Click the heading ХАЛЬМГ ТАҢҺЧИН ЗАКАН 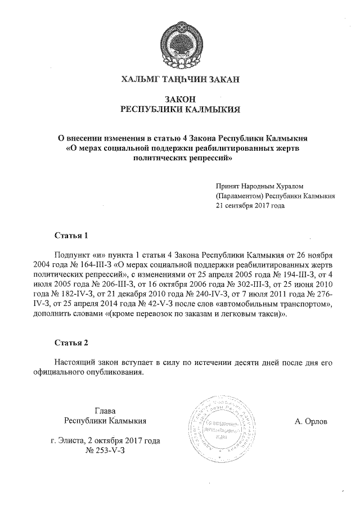coord(180,80)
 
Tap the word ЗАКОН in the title coord(180,99)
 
